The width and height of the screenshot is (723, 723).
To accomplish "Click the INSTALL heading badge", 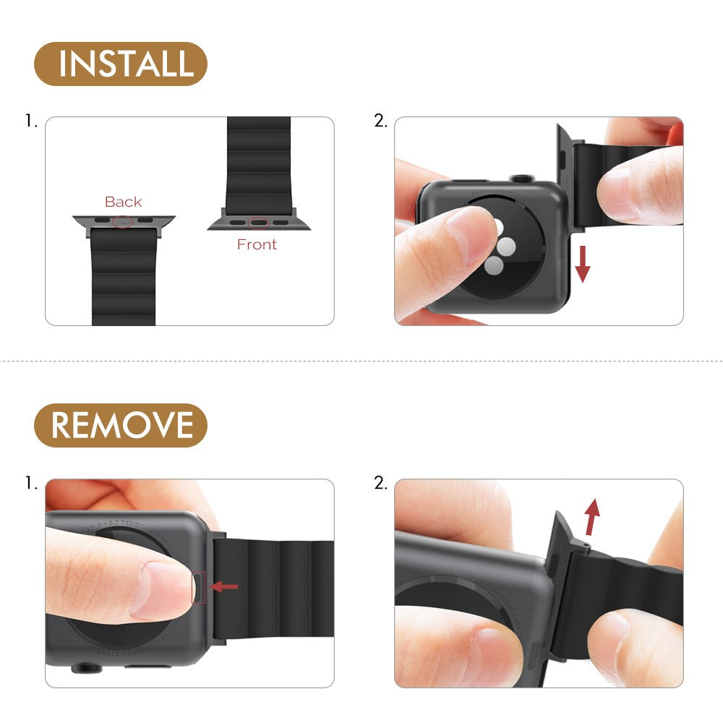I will click(x=120, y=64).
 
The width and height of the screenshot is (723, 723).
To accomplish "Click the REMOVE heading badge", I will click(x=120, y=425).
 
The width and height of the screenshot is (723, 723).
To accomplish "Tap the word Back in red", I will click(x=123, y=202).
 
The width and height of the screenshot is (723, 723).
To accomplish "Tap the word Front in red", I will click(x=257, y=244).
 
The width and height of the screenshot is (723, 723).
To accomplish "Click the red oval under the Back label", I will click(x=124, y=220).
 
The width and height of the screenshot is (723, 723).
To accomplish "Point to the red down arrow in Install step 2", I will click(x=583, y=265).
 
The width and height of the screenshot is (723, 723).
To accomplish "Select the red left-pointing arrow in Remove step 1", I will click(x=225, y=586).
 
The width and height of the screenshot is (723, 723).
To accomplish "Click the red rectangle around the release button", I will click(x=198, y=586).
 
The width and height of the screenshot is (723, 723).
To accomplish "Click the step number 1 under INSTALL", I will click(x=30, y=121).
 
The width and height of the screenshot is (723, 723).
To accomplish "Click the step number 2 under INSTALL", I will click(x=380, y=121).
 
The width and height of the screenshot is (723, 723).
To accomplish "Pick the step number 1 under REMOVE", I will click(x=30, y=483).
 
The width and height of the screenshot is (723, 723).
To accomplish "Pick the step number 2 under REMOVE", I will click(x=380, y=483).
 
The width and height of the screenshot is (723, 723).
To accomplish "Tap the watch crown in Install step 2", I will click(x=519, y=177).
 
